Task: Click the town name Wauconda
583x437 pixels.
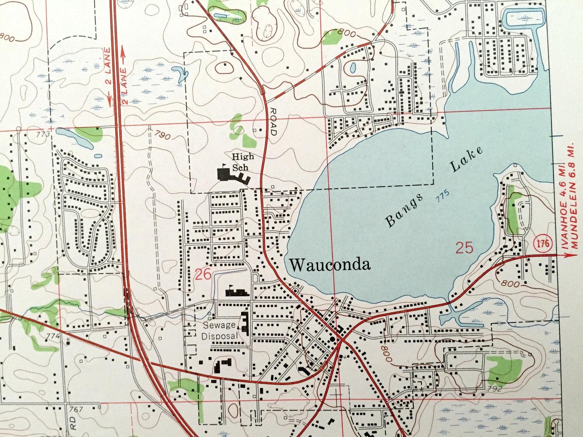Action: tap(330, 265)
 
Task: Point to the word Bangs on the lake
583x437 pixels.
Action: tap(403, 211)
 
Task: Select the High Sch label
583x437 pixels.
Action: tap(242, 162)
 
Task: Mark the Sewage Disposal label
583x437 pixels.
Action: tap(220, 330)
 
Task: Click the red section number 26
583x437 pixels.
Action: tap(203, 274)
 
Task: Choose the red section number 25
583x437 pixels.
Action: tap(464, 248)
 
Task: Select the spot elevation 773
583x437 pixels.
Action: tap(43, 134)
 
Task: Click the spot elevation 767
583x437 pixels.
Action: tap(76, 409)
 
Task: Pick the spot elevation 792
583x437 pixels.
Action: tap(494, 388)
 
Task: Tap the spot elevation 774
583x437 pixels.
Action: tap(53, 335)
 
